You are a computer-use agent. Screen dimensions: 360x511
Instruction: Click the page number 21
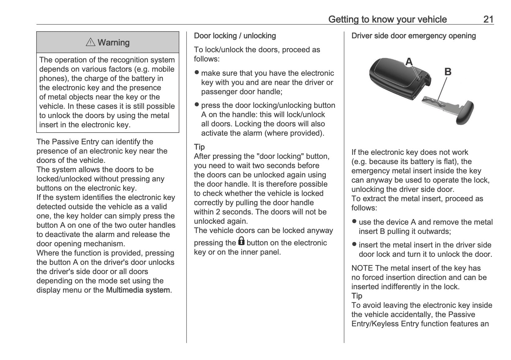click(488, 19)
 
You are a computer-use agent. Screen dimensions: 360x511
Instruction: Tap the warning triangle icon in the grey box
click(91, 42)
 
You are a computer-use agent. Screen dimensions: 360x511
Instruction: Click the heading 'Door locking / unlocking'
click(235, 36)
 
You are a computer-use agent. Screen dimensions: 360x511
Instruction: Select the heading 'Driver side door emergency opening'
click(413, 36)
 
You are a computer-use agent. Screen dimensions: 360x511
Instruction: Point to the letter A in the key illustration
click(409, 62)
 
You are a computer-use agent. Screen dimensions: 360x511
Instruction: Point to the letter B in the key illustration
click(447, 72)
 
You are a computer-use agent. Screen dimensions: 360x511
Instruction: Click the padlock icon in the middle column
click(241, 241)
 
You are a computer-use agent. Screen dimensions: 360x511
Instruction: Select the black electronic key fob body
click(390, 74)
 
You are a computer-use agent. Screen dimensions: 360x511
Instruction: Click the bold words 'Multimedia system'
click(138, 290)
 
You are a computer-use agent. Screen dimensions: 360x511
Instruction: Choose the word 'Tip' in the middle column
click(199, 147)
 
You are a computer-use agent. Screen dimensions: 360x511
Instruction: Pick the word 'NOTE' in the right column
click(362, 268)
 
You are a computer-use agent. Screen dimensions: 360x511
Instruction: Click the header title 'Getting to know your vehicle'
click(387, 19)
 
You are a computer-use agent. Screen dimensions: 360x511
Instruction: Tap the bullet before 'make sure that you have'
click(197, 73)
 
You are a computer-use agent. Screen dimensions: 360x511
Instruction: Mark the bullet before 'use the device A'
click(354, 222)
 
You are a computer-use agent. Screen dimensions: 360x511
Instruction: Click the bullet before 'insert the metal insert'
click(354, 244)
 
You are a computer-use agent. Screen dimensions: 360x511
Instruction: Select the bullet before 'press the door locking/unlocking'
click(197, 105)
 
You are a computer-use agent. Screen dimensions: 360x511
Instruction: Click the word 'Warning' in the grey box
click(113, 42)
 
